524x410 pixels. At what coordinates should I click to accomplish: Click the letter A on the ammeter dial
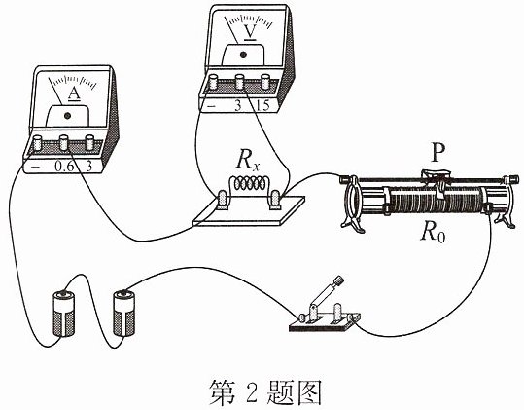pyautogui.click(x=74, y=94)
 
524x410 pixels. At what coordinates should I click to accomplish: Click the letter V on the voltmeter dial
pyautogui.click(x=250, y=32)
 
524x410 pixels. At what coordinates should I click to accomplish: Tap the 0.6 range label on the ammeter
pyautogui.click(x=64, y=167)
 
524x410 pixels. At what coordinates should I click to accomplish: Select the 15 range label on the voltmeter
pyautogui.click(x=262, y=106)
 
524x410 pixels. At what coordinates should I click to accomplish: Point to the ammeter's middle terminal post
pyautogui.click(x=64, y=142)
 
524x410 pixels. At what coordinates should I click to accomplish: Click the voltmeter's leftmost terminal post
pyautogui.click(x=213, y=82)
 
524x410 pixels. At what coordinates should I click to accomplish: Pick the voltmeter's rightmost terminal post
pyautogui.click(x=265, y=82)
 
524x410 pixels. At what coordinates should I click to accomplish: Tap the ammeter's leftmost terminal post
pyautogui.click(x=37, y=143)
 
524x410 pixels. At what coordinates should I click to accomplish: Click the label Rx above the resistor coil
pyautogui.click(x=248, y=161)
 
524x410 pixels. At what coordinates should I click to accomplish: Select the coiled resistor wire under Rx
pyautogui.click(x=248, y=183)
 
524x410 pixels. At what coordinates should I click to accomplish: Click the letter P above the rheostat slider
pyautogui.click(x=438, y=153)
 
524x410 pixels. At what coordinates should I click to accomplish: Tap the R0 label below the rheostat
pyautogui.click(x=434, y=233)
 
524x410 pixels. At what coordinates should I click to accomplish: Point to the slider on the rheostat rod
pyautogui.click(x=437, y=175)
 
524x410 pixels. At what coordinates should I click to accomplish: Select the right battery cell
pyautogui.click(x=124, y=314)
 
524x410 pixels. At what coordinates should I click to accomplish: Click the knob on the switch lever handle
pyautogui.click(x=338, y=280)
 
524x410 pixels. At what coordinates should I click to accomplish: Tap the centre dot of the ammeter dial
pyautogui.click(x=68, y=116)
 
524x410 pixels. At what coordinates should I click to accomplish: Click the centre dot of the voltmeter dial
pyautogui.click(x=243, y=55)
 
